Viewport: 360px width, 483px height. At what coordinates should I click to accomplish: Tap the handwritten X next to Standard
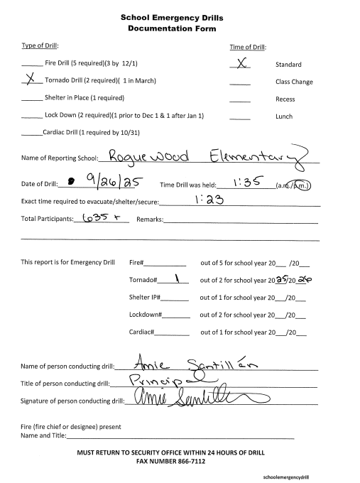coord(241,63)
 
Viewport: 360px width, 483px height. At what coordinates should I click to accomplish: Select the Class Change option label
coord(294,82)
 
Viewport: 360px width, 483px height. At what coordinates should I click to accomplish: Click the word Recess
coord(285,99)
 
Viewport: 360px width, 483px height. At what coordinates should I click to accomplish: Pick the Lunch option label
coord(284,116)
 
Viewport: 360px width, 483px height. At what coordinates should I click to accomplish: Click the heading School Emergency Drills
coord(180,17)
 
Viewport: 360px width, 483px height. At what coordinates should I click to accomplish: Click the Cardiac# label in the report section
coord(141,332)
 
